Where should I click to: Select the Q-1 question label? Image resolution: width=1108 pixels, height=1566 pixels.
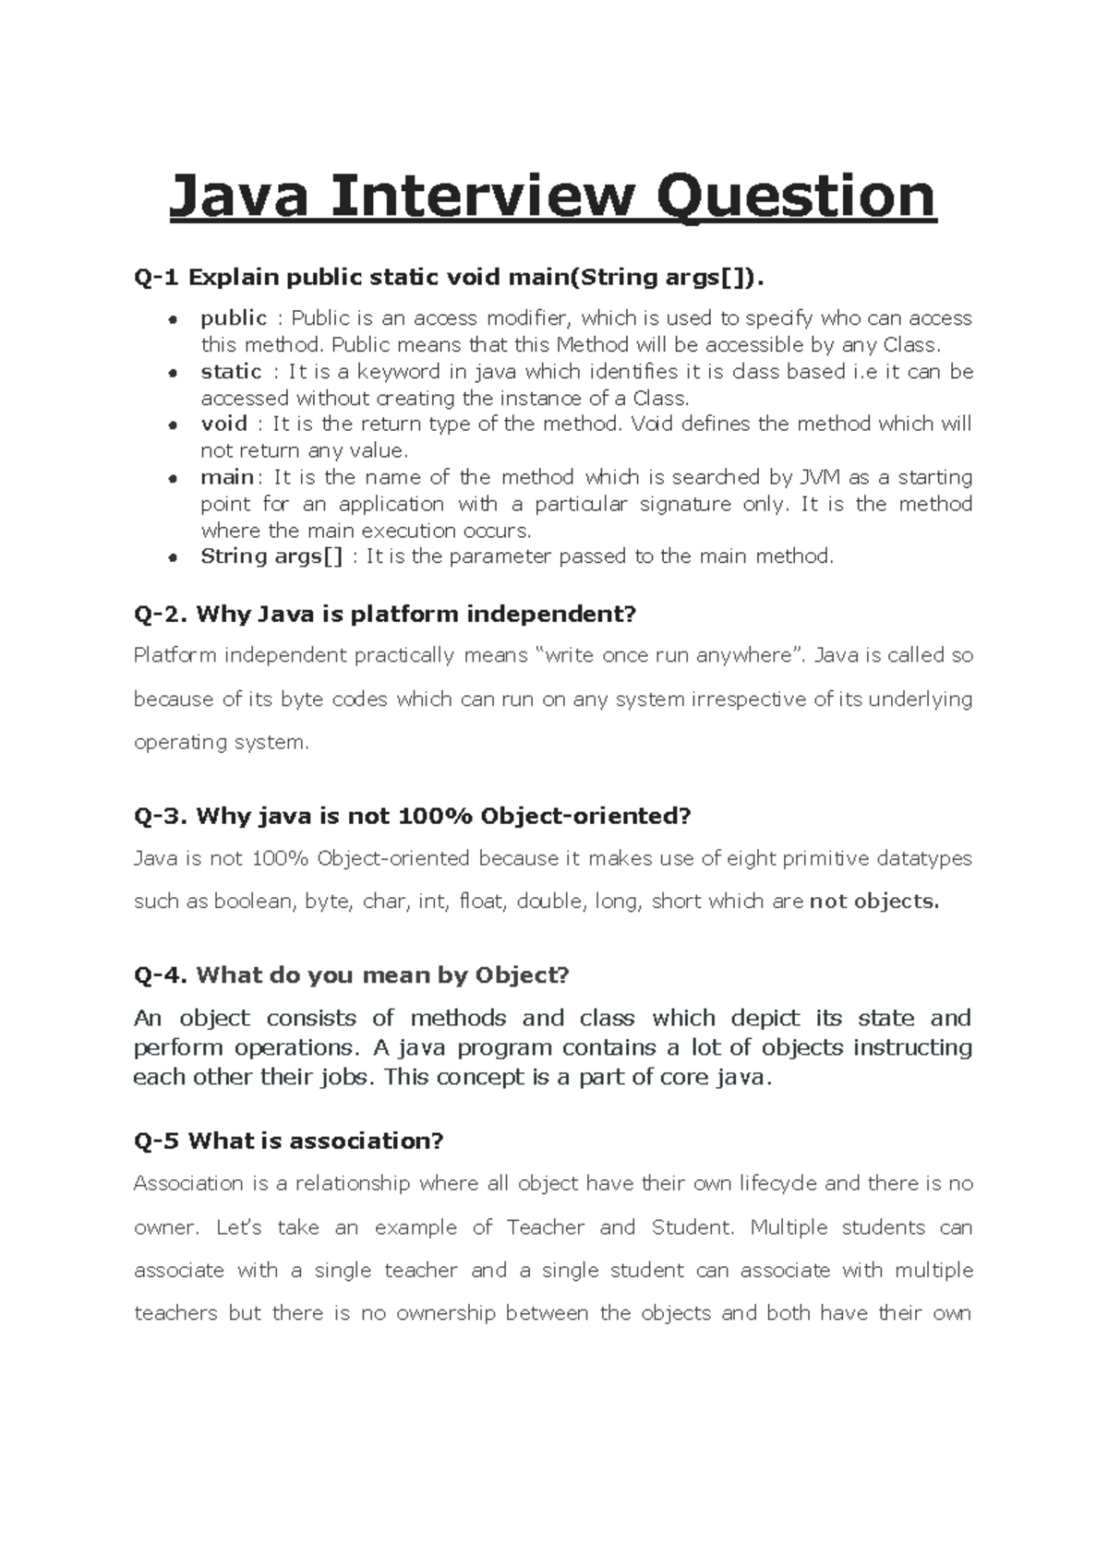(158, 277)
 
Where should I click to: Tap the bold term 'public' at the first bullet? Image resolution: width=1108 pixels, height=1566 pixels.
(234, 318)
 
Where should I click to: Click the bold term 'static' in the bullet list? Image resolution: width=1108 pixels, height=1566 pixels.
(231, 372)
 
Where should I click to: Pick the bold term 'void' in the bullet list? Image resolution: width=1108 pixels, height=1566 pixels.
(223, 424)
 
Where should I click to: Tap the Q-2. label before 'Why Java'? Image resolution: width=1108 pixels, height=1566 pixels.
(162, 614)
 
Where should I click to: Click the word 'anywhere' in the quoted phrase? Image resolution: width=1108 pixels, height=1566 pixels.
(744, 656)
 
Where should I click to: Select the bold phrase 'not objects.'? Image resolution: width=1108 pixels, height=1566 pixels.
(873, 902)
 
